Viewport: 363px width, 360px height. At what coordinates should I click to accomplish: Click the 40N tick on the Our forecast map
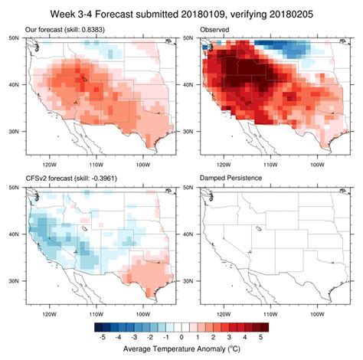16,85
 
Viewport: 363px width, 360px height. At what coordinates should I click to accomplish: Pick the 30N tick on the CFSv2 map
16,281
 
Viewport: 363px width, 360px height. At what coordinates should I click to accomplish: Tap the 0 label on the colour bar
182,336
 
